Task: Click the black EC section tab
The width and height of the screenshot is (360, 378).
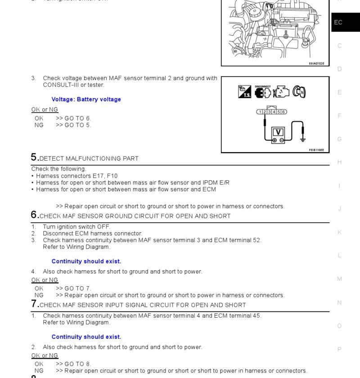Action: (x=345, y=22)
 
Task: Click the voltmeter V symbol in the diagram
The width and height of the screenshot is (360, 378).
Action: (x=279, y=132)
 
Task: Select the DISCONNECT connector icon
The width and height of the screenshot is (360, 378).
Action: (x=262, y=92)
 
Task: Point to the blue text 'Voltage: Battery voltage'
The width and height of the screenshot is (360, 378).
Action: (x=86, y=99)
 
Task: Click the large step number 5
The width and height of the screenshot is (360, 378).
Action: (x=34, y=157)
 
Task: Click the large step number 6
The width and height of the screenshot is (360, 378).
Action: (x=34, y=215)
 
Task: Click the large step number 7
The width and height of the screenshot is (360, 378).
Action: (x=34, y=304)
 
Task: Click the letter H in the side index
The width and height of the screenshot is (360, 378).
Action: (x=339, y=162)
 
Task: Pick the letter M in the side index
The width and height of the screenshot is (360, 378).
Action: (x=339, y=279)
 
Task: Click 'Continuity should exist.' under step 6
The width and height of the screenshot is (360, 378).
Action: (x=86, y=261)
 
